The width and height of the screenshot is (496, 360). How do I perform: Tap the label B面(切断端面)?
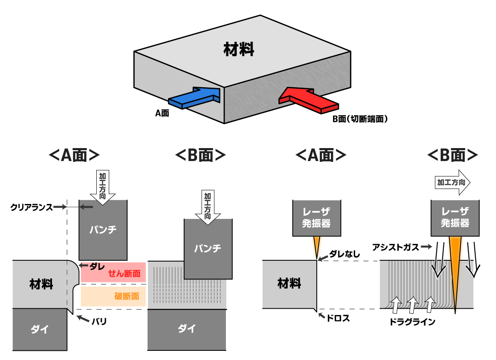[360, 119]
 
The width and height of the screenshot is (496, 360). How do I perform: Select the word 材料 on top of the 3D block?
[238, 49]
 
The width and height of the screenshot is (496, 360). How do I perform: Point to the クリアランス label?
[31, 207]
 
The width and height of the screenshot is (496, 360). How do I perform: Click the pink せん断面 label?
[124, 274]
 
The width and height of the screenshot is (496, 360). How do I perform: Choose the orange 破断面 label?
[127, 297]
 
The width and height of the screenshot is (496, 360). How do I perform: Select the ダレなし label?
[345, 254]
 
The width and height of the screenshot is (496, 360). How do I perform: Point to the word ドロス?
[338, 318]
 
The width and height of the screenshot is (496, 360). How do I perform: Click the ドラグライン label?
[412, 322]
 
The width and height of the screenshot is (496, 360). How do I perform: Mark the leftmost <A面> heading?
[74, 156]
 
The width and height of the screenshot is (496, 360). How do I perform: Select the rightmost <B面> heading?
[452, 156]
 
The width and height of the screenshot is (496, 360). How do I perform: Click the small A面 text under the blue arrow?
[162, 113]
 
